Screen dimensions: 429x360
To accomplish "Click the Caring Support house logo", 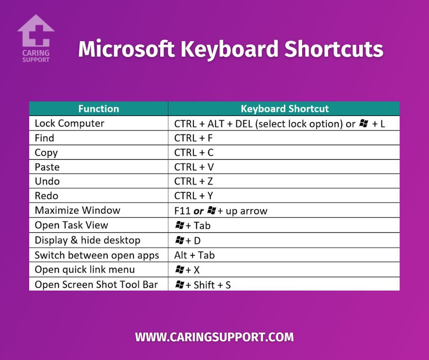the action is coord(36,38).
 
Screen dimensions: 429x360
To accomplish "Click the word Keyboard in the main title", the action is coord(230,49).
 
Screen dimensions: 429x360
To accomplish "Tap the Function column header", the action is coord(99,109).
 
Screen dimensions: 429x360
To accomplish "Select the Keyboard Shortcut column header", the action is coord(284,109).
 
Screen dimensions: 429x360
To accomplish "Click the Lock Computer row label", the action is coord(69,123).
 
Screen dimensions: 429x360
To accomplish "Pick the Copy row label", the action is coord(46,153).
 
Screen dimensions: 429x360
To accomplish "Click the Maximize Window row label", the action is coord(78,211).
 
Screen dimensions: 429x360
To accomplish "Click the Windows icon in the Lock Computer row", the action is coord(364,123).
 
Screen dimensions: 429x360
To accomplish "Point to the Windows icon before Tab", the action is coord(179,225).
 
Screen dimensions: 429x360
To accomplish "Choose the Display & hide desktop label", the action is coord(88,240).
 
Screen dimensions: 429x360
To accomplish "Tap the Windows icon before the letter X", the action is coord(179,270).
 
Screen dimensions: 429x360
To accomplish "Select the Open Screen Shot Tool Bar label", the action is coord(96,285).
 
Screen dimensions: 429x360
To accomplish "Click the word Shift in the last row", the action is coord(204,285).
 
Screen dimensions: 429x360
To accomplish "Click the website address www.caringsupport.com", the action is coord(214,337).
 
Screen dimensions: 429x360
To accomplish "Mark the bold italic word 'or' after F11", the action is coord(199,211).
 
